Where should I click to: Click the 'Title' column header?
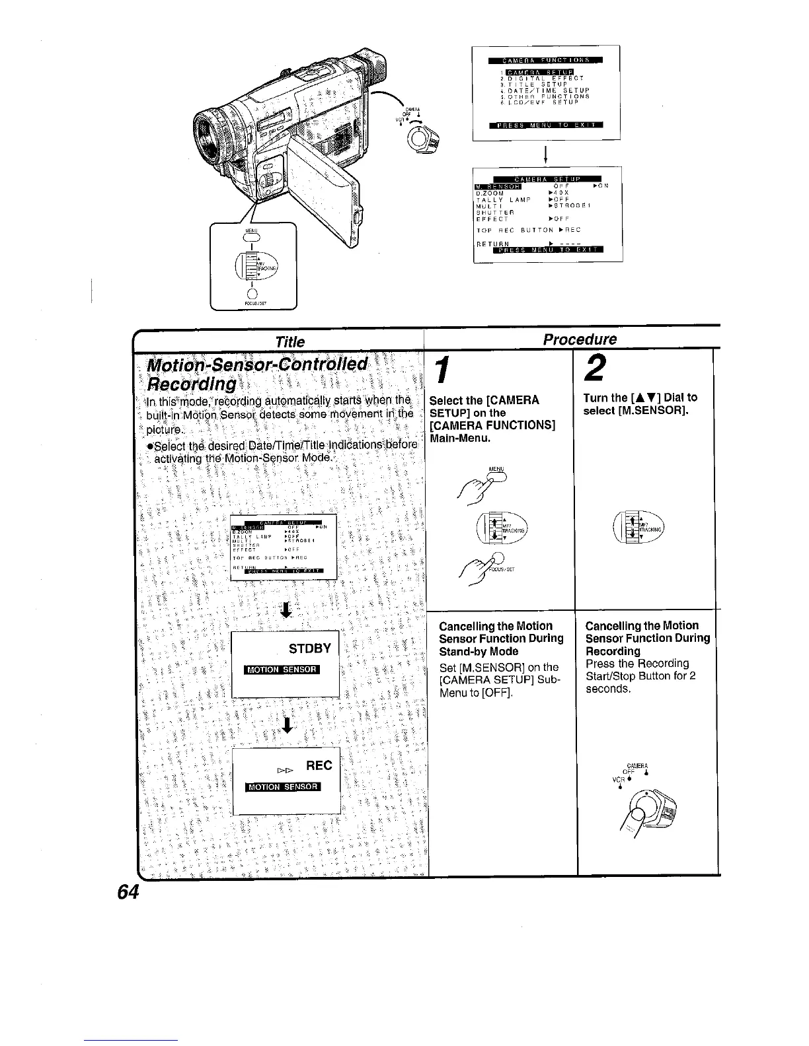point(290,341)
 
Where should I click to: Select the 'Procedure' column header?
point(579,339)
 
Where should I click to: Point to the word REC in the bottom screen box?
point(319,765)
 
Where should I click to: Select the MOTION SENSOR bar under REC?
point(282,786)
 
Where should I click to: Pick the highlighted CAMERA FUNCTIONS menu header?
point(545,61)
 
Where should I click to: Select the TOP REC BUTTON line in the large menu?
point(528,230)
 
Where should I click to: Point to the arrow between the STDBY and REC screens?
point(286,724)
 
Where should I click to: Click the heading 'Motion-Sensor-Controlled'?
point(258,365)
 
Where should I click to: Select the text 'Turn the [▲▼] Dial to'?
point(640,398)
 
